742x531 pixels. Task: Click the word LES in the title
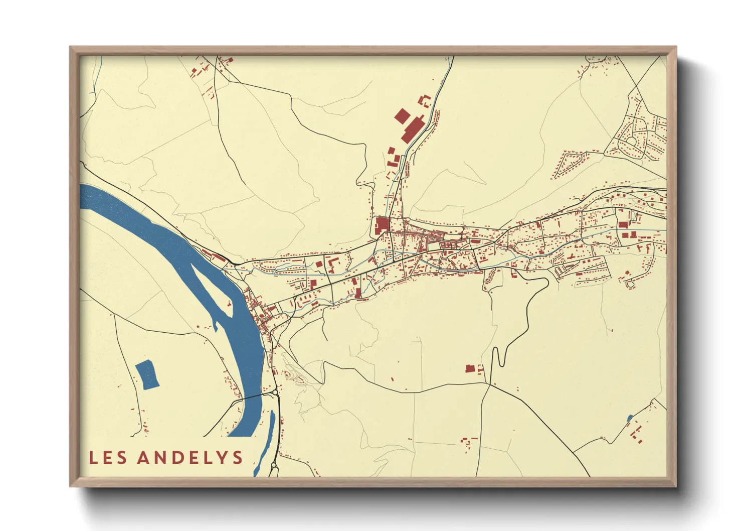click(108, 457)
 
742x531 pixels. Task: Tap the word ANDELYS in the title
click(190, 457)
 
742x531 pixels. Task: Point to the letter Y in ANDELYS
click(221, 457)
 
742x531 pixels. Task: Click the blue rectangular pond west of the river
click(147, 374)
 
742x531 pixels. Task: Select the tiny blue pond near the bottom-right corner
click(630, 417)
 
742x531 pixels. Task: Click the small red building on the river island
click(229, 304)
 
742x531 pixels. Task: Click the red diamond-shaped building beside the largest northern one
click(402, 116)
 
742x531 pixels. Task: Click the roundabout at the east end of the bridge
click(275, 392)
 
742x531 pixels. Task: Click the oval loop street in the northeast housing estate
click(632, 141)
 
